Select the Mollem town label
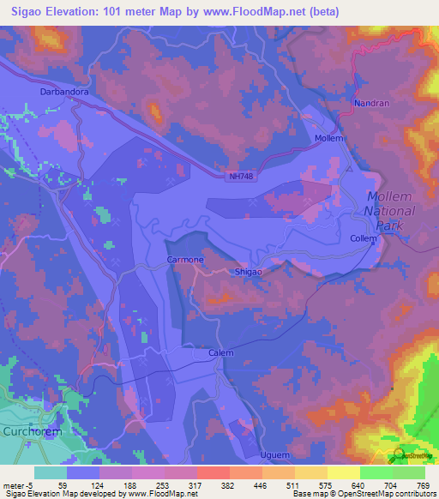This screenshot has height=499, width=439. tap(329, 138)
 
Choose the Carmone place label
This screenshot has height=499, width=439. tap(185, 258)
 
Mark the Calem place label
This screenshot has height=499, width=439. tap(221, 352)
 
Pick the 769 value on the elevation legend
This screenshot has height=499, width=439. tap(424, 484)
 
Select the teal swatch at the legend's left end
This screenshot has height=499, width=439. tap(51, 472)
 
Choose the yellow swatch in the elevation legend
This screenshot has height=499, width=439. tap(343, 472)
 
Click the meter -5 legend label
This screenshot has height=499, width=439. tap(18, 484)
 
